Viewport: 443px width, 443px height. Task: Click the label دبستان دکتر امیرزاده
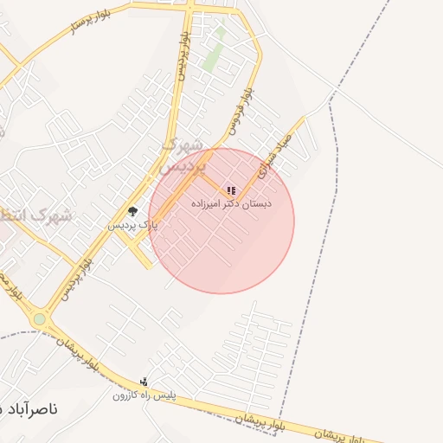click(x=229, y=205)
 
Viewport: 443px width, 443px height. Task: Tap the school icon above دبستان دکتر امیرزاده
click(x=230, y=190)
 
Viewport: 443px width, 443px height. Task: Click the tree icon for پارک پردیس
click(x=132, y=211)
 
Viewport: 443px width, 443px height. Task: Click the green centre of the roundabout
click(x=39, y=319)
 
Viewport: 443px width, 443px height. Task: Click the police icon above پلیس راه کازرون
click(x=144, y=382)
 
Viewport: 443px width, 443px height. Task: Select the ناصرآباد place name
click(x=30, y=408)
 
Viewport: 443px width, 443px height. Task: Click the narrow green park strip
click(x=214, y=49)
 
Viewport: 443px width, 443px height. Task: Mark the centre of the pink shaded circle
click(x=221, y=221)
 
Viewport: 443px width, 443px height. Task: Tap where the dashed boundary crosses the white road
click(x=331, y=98)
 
